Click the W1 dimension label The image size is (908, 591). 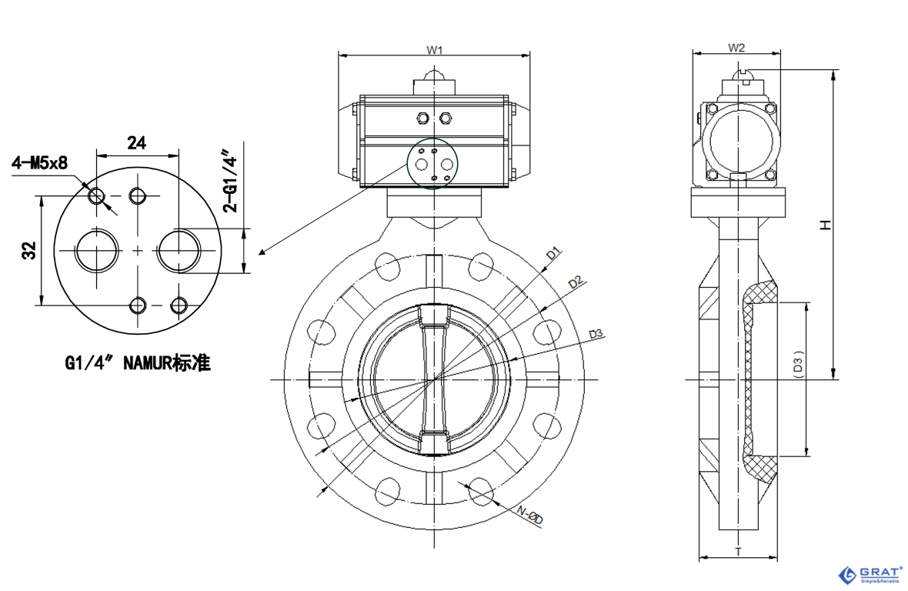point(435,50)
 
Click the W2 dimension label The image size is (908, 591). point(736,48)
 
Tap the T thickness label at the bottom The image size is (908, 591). point(738,551)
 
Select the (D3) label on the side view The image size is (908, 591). point(798,364)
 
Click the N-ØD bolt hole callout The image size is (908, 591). point(529,516)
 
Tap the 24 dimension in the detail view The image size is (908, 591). point(136,143)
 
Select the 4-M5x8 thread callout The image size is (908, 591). point(39,163)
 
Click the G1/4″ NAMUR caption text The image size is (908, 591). point(138,363)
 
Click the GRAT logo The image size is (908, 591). point(870,574)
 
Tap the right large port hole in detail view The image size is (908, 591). point(180,250)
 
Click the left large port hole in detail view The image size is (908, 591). point(97,250)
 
